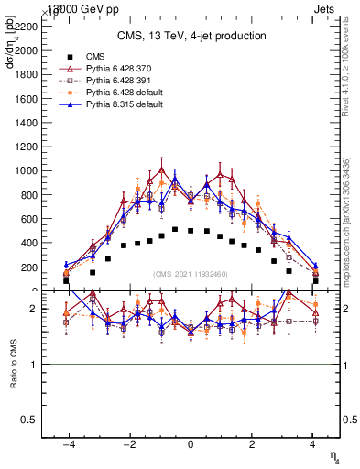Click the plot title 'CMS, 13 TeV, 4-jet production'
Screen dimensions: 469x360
(x=191, y=36)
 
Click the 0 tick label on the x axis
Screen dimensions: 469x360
(x=191, y=443)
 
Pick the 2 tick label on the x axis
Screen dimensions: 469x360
(x=252, y=443)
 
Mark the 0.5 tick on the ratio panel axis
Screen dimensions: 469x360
(x=32, y=420)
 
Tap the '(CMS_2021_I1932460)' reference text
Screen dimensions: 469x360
(x=191, y=275)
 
